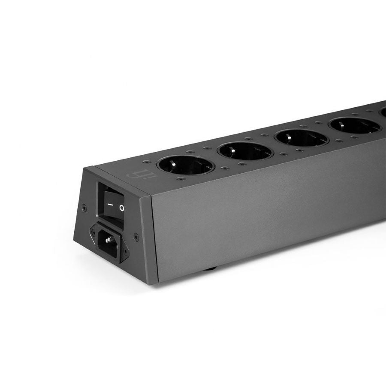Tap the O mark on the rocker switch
tap(122, 209)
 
